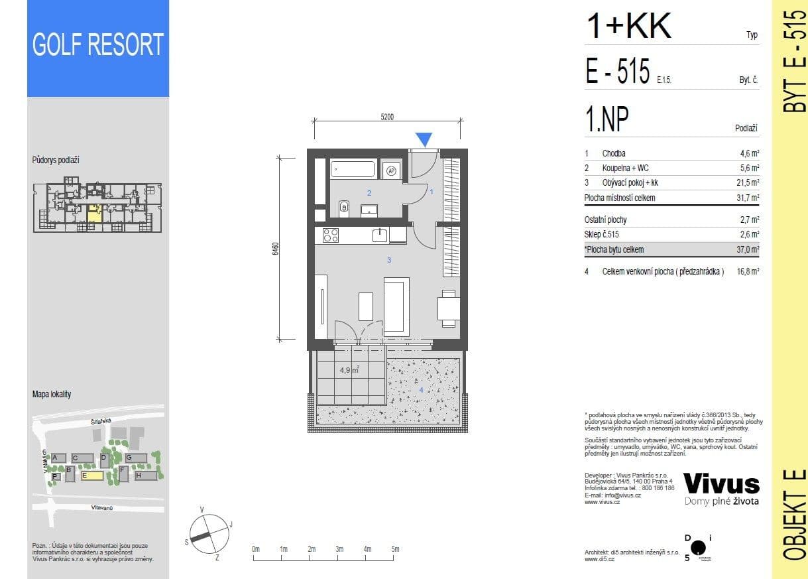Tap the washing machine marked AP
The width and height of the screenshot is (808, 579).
coord(391,170)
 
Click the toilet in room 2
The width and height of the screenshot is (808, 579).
coord(344,209)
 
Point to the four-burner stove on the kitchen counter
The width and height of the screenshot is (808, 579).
coord(331,235)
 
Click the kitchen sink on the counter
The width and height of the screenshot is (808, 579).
coord(380,235)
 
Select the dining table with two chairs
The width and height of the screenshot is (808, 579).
coord(449,308)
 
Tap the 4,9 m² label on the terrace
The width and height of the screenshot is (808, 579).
coord(349,371)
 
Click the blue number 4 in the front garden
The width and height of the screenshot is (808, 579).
coord(420,390)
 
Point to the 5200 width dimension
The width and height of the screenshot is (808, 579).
coord(387,117)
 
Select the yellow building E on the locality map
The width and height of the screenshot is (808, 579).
coord(92,476)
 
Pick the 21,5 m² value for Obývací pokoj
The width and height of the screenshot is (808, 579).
coord(749,182)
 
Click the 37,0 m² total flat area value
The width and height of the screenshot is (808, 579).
coord(749,250)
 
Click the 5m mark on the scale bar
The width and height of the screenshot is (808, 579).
coord(395,549)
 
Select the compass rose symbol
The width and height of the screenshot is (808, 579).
coord(209,532)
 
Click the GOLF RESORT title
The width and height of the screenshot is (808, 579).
coord(98,45)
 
